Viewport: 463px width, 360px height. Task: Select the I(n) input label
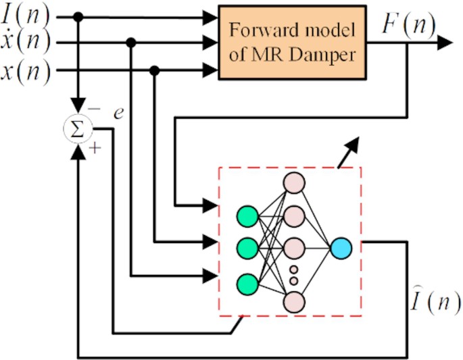tap(25, 15)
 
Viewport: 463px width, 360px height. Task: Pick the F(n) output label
tap(408, 28)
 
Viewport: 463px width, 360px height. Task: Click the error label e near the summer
tap(118, 113)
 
